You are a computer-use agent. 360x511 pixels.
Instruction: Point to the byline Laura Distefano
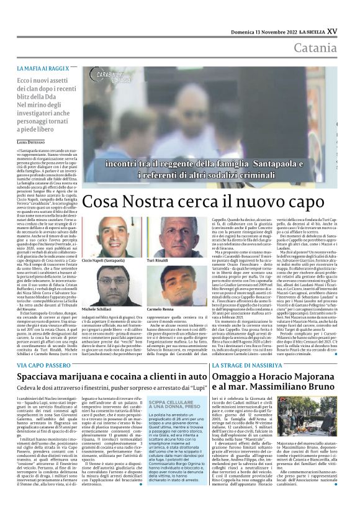point(32,142)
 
